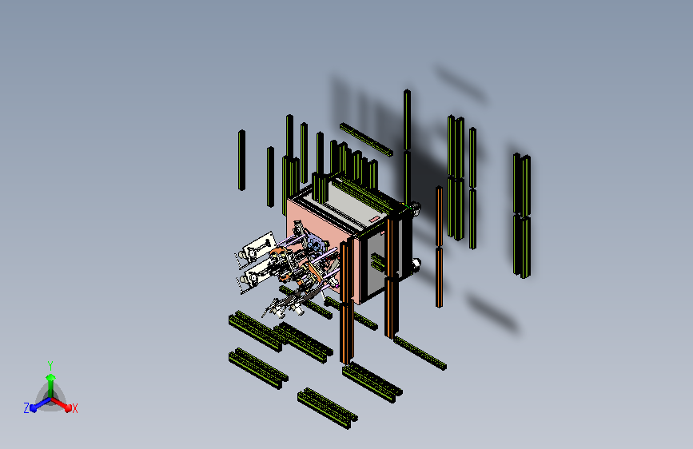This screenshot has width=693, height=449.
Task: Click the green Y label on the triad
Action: (x=50, y=365)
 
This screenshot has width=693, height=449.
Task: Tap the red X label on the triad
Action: (x=74, y=408)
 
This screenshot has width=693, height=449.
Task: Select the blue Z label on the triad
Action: (x=26, y=408)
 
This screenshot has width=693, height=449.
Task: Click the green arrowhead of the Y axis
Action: (x=50, y=377)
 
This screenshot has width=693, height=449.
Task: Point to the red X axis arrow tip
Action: (x=68, y=407)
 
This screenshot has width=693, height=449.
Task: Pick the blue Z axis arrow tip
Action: (x=34, y=408)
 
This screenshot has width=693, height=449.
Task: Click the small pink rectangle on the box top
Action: (x=374, y=220)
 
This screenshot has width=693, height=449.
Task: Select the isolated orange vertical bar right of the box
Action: (x=439, y=247)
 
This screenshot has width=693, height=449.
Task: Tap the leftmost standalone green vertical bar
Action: (x=241, y=161)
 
